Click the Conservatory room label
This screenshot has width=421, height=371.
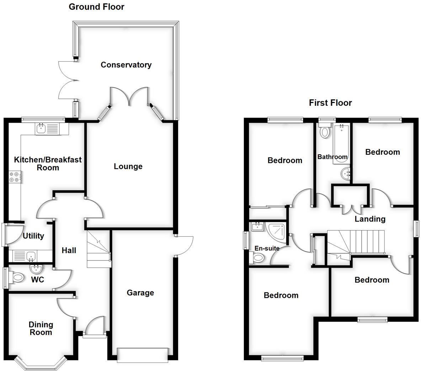click(126, 65)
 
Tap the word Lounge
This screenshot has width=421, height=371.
click(128, 166)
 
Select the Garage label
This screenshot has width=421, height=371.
click(140, 293)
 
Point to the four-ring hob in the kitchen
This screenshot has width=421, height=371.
click(15, 177)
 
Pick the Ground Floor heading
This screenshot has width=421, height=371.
click(96, 7)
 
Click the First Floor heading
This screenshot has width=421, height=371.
click(330, 103)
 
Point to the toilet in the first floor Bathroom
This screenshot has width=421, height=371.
click(324, 131)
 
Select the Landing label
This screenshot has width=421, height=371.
click(370, 219)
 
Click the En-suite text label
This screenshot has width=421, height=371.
click(267, 248)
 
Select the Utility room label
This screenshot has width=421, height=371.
click(33, 236)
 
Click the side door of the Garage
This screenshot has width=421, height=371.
click(184, 246)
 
